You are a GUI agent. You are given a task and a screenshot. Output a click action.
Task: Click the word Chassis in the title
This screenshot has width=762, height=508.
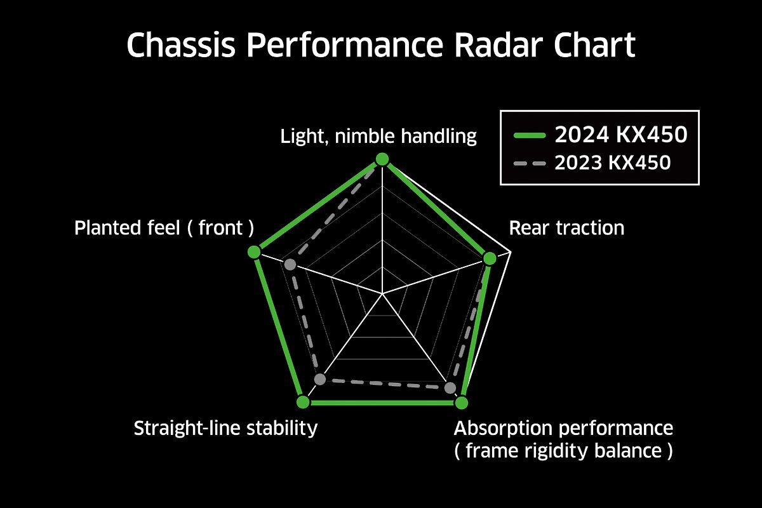click(180, 45)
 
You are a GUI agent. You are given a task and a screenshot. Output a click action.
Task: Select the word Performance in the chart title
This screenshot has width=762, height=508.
click(345, 45)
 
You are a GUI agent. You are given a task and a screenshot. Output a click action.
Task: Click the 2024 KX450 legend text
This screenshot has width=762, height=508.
click(621, 135)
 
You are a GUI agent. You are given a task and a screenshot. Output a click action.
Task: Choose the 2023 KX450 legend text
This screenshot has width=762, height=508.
click(613, 163)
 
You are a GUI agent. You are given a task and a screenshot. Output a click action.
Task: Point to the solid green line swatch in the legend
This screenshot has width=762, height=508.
click(530, 135)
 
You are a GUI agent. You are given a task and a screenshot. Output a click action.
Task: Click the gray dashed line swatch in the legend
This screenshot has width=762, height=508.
click(530, 164)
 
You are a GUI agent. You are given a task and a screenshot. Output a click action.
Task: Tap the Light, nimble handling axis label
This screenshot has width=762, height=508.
click(378, 137)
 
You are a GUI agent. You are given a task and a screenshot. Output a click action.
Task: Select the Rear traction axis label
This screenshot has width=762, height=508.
click(566, 228)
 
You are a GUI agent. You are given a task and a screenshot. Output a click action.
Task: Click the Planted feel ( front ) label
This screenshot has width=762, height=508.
click(164, 228)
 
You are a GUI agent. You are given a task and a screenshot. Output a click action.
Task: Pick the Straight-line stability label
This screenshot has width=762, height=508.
click(225, 428)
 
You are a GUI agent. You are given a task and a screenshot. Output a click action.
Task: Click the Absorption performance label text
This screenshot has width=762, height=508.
click(563, 428)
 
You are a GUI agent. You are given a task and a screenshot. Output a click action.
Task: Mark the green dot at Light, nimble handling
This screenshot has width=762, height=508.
click(382, 159)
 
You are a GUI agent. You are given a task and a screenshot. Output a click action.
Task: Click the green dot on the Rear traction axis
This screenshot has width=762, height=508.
click(490, 258)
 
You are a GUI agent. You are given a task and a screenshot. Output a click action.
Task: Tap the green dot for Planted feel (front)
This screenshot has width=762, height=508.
click(254, 252)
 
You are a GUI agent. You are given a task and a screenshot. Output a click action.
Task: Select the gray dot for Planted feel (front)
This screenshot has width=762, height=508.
click(290, 264)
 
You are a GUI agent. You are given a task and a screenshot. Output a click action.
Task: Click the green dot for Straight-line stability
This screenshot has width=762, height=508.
click(303, 402)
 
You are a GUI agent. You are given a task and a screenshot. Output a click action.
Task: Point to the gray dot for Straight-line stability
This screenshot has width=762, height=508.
click(320, 379)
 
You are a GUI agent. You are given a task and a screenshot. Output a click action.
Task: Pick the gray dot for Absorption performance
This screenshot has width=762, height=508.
click(450, 388)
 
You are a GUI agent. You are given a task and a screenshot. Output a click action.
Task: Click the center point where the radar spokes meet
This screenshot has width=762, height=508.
click(382, 293)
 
